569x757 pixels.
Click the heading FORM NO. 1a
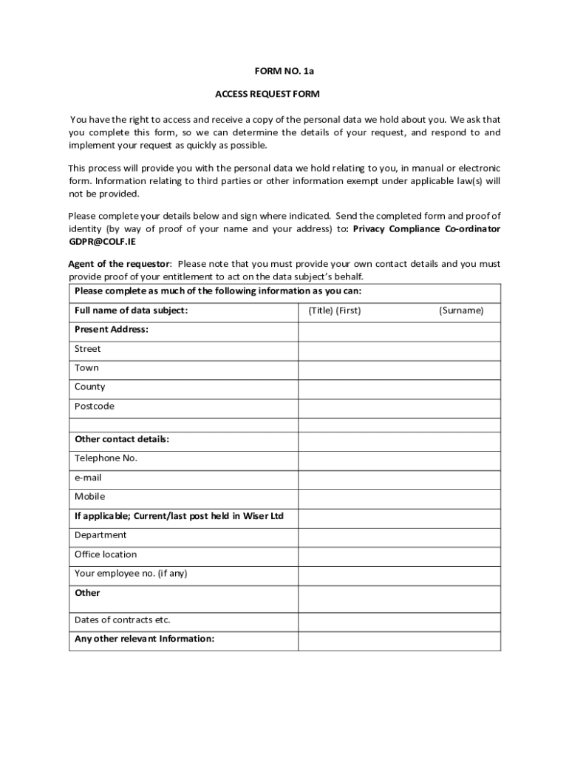pos(284,72)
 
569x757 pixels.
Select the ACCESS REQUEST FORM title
pos(267,95)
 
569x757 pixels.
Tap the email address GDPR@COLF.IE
pos(102,242)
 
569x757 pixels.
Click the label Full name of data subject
pos(131,310)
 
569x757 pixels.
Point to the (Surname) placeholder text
pos(461,310)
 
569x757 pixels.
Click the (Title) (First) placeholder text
pos(334,310)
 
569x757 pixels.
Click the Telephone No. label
pos(106,458)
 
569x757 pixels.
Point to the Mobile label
pos(89,497)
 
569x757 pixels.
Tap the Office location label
pos(106,554)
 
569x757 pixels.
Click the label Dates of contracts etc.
pos(122,620)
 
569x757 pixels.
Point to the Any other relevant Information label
pos(144,639)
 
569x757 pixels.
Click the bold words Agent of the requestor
pos(119,264)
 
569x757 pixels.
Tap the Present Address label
pos(111,330)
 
